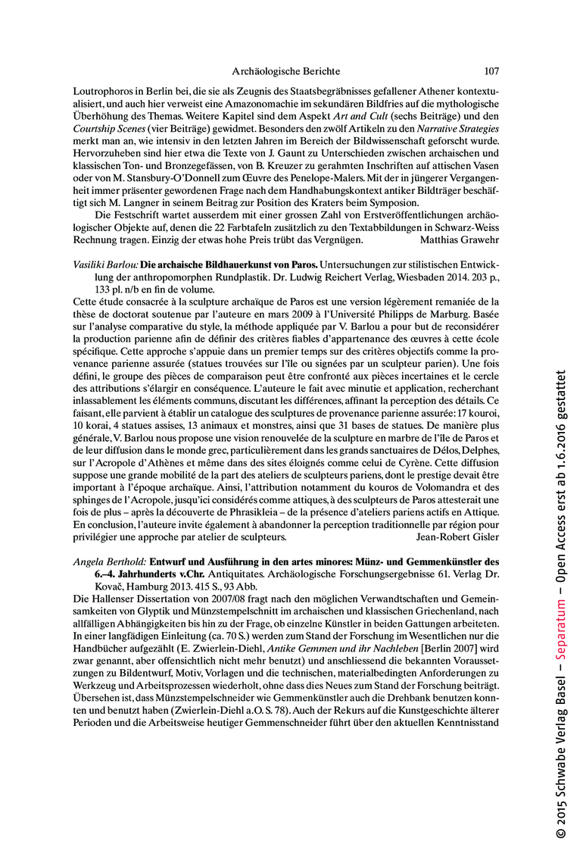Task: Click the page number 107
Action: point(491,71)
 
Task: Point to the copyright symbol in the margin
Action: point(561,833)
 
